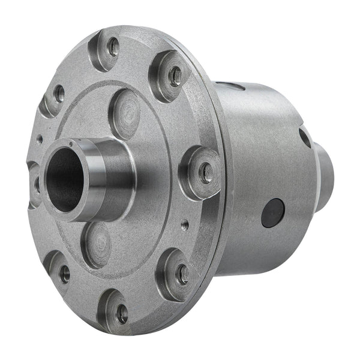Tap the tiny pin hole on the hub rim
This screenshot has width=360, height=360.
(70, 143)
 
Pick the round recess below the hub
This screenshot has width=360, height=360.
(97, 243)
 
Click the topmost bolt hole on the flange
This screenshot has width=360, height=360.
(112, 46)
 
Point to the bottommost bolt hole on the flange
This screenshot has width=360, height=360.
(122, 313)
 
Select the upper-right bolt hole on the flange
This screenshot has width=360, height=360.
(175, 74)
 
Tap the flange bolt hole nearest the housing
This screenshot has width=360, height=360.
(205, 173)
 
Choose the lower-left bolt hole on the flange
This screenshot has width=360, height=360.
(64, 274)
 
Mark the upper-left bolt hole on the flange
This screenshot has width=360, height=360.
(59, 93)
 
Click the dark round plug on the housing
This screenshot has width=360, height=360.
(273, 212)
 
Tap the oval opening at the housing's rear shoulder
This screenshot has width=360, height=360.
(305, 137)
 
